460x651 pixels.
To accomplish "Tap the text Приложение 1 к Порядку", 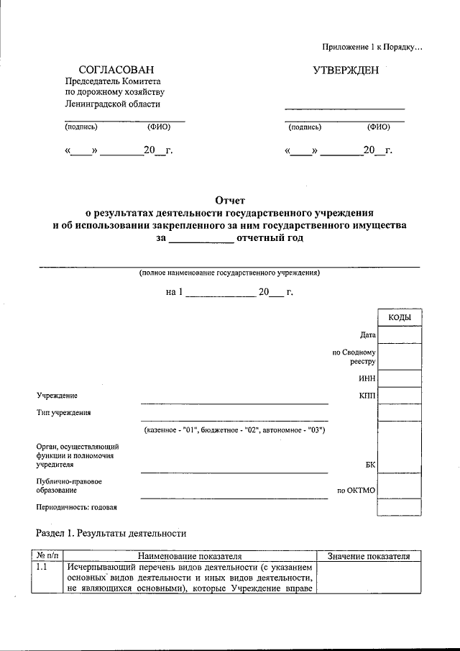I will [x=373, y=47].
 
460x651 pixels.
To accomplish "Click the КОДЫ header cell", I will [x=400, y=318].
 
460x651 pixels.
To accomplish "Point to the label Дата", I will [x=368, y=335].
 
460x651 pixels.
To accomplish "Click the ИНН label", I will [x=367, y=378].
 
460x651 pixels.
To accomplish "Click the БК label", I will [x=370, y=465].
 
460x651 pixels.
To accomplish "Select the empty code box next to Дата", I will [x=400, y=335].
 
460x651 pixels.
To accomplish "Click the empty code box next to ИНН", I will [x=400, y=378].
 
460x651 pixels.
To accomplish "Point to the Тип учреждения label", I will [x=63, y=413].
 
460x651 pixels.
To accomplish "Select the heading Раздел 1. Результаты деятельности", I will [x=111, y=534].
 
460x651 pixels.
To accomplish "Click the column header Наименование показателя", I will [x=190, y=556].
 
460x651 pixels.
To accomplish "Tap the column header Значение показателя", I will [x=368, y=556].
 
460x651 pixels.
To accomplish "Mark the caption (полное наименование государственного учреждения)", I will [x=230, y=273].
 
